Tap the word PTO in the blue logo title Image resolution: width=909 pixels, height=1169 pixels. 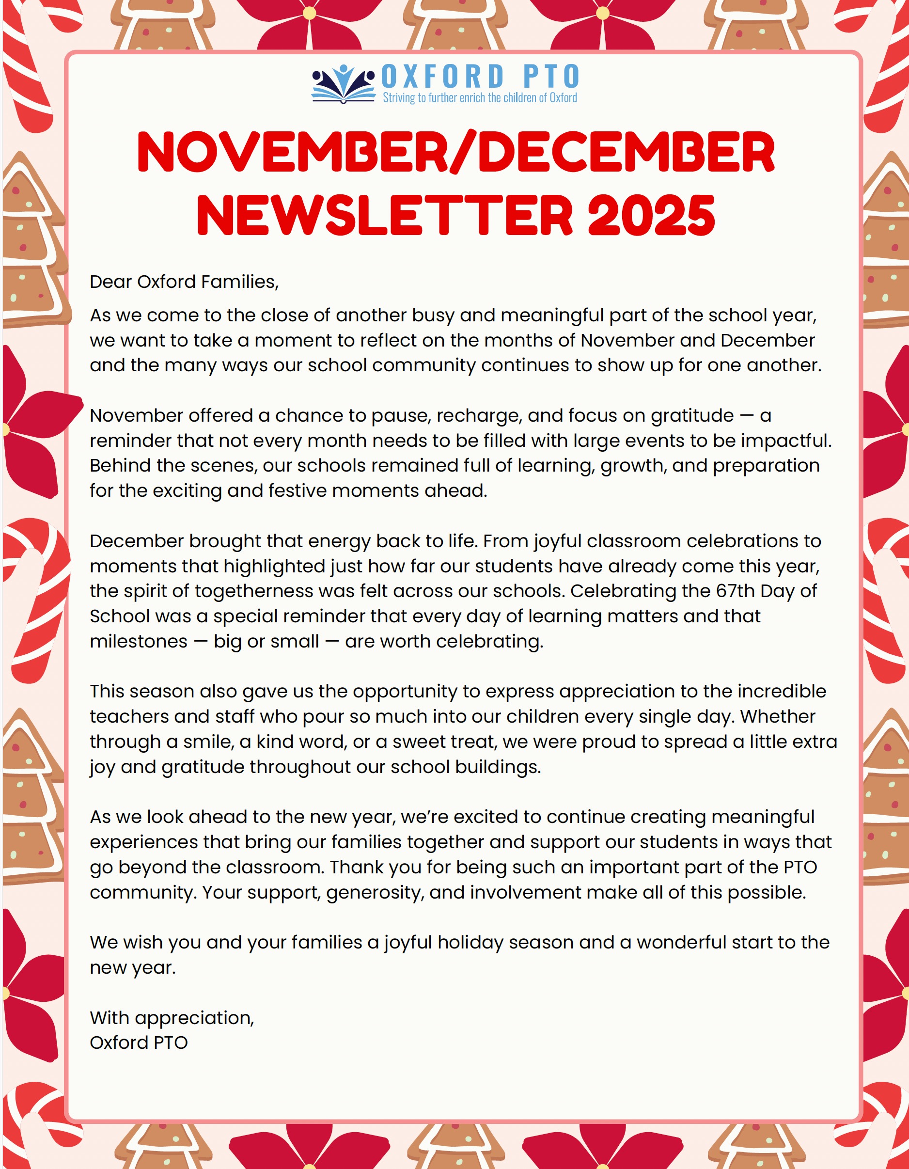pos(551,77)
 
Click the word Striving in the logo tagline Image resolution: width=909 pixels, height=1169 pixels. pos(399,98)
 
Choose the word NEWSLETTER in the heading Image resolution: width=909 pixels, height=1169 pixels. pos(385,215)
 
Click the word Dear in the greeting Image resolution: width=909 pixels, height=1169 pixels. pos(111,282)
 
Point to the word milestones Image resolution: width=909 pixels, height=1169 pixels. pos(139,641)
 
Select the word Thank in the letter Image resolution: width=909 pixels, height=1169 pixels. pos(354,867)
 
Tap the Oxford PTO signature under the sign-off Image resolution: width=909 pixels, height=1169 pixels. pos(139,1043)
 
